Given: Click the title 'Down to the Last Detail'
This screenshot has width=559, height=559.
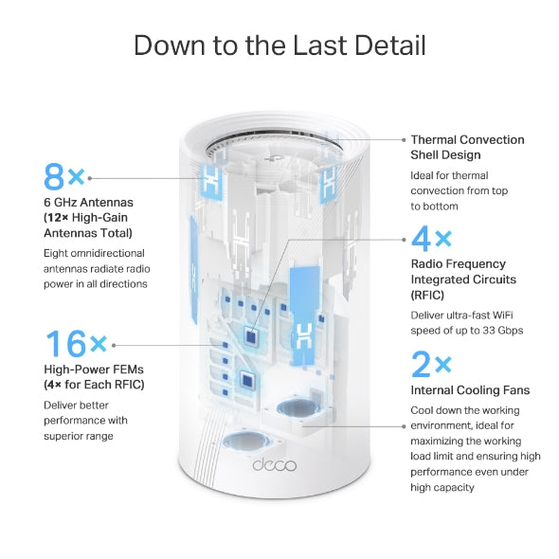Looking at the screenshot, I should click(x=279, y=45).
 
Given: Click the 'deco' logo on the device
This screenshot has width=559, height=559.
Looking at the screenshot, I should click(x=276, y=465).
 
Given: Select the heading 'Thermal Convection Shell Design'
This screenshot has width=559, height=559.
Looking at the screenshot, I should click(x=467, y=147).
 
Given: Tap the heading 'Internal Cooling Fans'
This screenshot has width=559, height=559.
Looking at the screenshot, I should click(x=470, y=389).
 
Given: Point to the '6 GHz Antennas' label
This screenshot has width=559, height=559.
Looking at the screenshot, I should click(x=88, y=202).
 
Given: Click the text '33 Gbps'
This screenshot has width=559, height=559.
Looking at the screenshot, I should click(x=503, y=331).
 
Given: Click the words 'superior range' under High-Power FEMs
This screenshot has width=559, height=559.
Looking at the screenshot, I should click(x=79, y=436).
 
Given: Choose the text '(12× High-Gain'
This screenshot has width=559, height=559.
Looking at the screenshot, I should click(x=86, y=217).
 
